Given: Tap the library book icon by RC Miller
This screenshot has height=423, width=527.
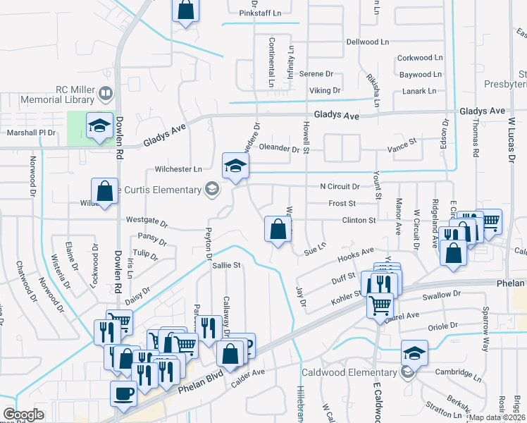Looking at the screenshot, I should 105,92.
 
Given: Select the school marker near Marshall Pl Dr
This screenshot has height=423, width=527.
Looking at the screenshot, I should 99,127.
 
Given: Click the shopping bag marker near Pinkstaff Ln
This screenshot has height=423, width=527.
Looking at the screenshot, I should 185,11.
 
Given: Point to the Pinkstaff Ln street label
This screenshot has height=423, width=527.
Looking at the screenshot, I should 260,13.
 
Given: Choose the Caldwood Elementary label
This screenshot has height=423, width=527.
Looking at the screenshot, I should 349,372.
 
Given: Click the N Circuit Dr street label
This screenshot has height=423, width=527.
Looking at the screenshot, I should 340,187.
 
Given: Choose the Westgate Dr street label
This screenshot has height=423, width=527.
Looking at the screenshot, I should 147,221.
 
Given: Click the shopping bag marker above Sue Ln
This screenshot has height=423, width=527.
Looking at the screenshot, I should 278,229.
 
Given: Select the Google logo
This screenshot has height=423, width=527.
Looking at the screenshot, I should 23,415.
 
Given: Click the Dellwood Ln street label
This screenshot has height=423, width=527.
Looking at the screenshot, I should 367,42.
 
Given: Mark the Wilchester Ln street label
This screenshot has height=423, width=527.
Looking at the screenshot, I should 178,169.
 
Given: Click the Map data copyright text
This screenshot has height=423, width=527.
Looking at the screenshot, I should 497,417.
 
